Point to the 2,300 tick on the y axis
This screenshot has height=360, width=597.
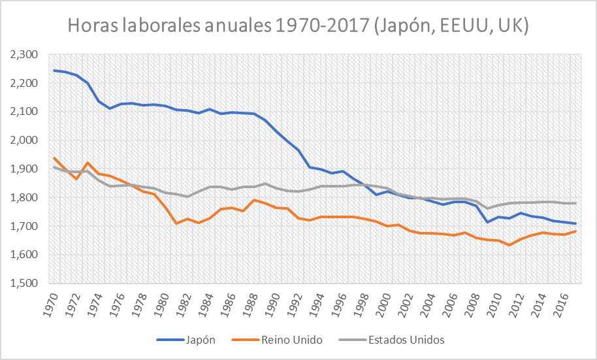tap(25, 54)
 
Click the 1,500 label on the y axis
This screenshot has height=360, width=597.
tap(25, 284)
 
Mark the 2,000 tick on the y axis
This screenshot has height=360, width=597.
tap(25, 140)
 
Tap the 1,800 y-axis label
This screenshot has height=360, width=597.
tap(25, 197)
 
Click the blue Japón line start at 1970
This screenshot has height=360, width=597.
tap(54, 71)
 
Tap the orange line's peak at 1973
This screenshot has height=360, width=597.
tap(88, 163)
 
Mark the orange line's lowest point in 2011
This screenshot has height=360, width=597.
tap(509, 245)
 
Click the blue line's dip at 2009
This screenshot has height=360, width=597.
tap(487, 222)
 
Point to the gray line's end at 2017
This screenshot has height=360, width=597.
tap(575, 203)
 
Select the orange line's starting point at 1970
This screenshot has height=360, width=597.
tap(54, 157)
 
